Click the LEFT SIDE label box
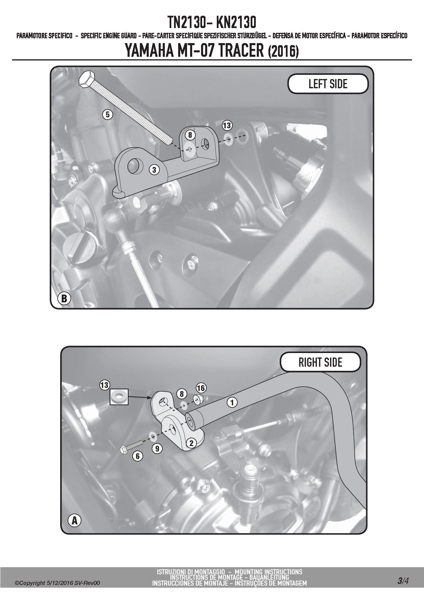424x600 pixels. click(328, 84)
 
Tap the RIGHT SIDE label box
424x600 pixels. click(320, 362)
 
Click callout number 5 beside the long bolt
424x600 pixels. click(108, 114)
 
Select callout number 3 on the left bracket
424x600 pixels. click(154, 169)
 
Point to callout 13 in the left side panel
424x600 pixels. click(227, 126)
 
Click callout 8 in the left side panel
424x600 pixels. click(190, 135)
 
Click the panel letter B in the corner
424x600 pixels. click(64, 298)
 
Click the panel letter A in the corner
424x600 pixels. click(74, 531)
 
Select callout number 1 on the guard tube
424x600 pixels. click(232, 402)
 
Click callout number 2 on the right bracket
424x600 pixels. click(191, 443)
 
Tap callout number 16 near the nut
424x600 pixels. click(201, 388)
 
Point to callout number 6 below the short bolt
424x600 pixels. click(137, 456)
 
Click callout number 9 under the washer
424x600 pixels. click(157, 448)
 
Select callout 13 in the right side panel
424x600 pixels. click(104, 385)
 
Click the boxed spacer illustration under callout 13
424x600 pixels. click(118, 397)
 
